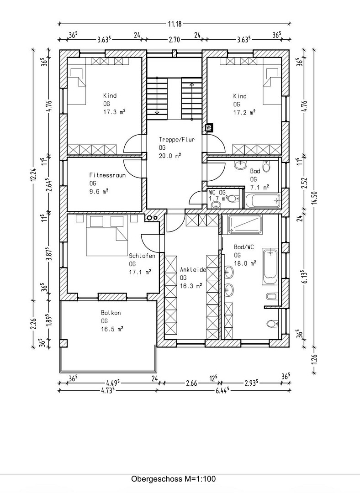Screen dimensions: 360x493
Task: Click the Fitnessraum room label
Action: pyautogui.click(x=107, y=175)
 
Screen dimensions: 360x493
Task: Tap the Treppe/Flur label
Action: pyautogui.click(x=176, y=139)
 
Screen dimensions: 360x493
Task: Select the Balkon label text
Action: pyautogui.click(x=111, y=313)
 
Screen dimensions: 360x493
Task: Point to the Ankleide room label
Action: pyautogui.click(x=193, y=269)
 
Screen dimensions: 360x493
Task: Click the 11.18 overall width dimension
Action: pyautogui.click(x=175, y=23)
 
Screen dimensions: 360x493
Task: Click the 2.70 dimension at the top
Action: pyautogui.click(x=174, y=40)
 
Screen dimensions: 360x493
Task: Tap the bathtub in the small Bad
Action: pyautogui.click(x=263, y=200)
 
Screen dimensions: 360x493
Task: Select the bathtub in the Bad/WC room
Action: pyautogui.click(x=270, y=267)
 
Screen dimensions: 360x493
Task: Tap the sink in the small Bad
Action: pyautogui.click(x=241, y=164)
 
